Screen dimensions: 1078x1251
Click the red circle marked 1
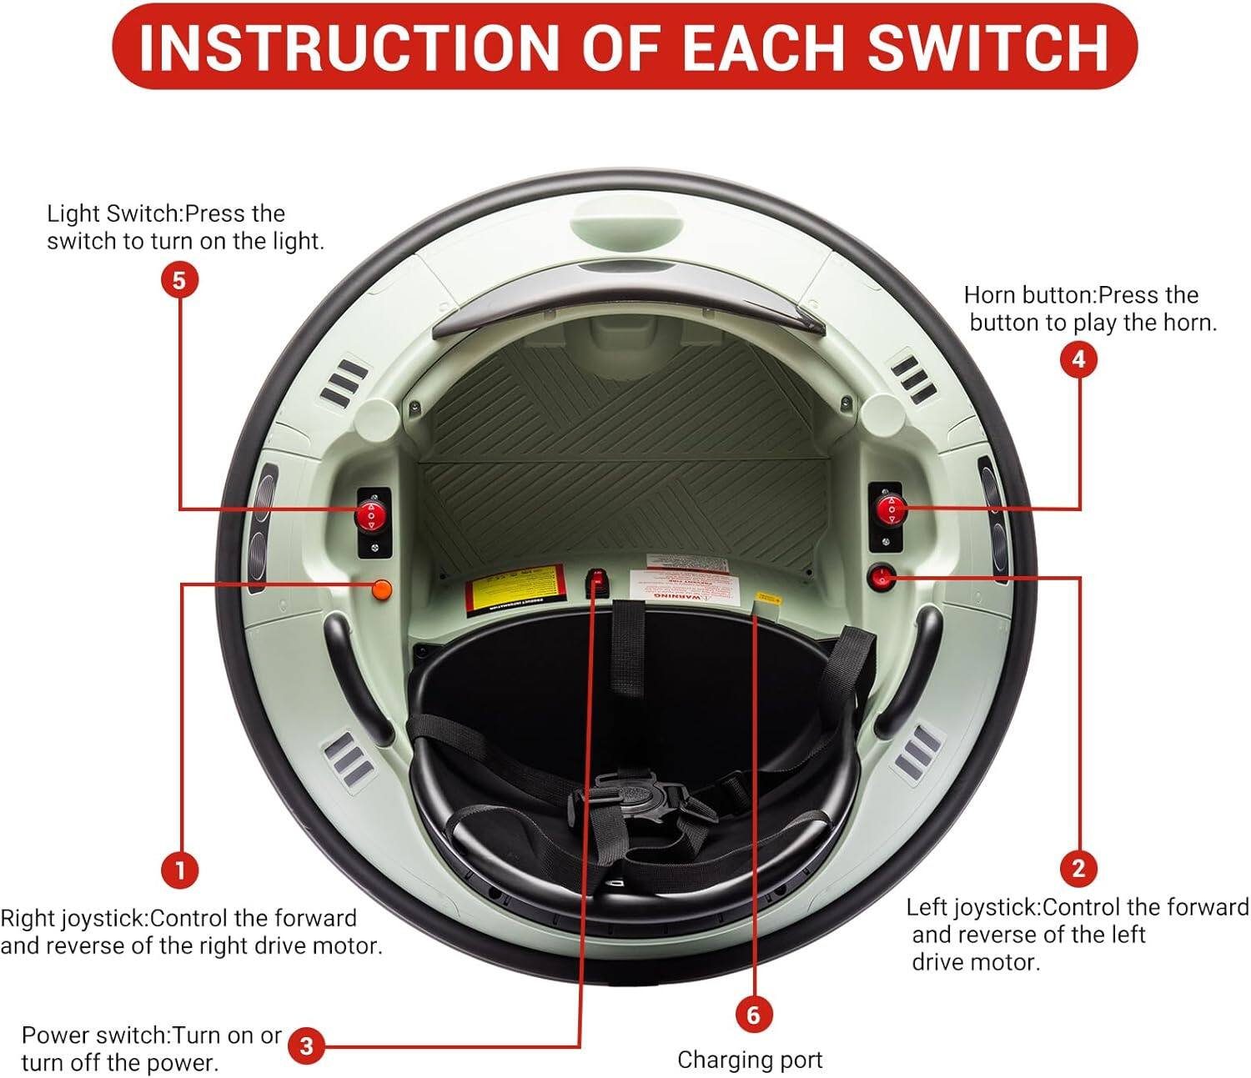coord(179,870)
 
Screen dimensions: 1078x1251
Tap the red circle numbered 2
coord(1078,868)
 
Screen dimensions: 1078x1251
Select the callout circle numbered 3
coord(306,1046)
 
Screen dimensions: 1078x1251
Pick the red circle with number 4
coord(1078,359)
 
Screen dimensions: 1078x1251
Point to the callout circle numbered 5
coord(179,280)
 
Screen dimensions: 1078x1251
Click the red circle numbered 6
coord(753,1015)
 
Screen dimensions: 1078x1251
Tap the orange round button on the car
coord(382,589)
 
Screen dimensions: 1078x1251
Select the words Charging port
coord(749,1060)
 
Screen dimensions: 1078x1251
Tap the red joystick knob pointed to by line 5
coord(370,516)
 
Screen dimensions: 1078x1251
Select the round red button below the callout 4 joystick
coord(882,576)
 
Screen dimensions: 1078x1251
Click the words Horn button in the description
coord(1027,295)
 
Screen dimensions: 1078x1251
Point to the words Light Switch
coord(113,213)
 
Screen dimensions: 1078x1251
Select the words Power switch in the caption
coord(95,1035)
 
